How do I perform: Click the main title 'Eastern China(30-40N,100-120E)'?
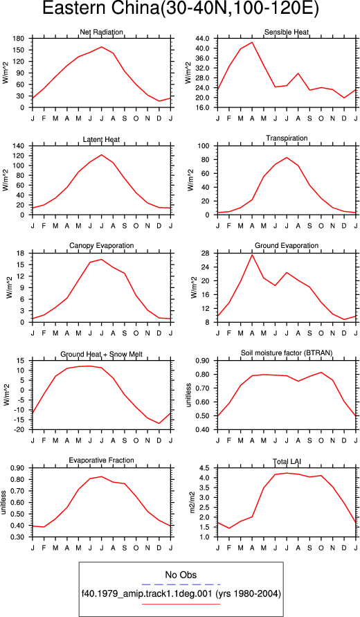pyautogui.click(x=180, y=9)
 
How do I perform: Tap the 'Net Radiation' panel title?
pyautogui.click(x=101, y=32)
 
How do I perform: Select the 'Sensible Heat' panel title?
pyautogui.click(x=287, y=32)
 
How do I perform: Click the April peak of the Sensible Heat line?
pyautogui.click(x=252, y=42)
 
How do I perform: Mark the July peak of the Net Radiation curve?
pyautogui.click(x=102, y=47)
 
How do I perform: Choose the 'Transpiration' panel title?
pyautogui.click(x=287, y=138)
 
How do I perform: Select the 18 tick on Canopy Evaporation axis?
pyautogui.click(x=22, y=253)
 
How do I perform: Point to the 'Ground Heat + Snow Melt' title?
pyautogui.click(x=102, y=355)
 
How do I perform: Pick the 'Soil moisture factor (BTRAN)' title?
pyautogui.click(x=287, y=353)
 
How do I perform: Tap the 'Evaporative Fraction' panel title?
pyautogui.click(x=101, y=460)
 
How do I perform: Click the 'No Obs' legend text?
pyautogui.click(x=181, y=575)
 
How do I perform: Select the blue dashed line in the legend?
pyautogui.click(x=181, y=584)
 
